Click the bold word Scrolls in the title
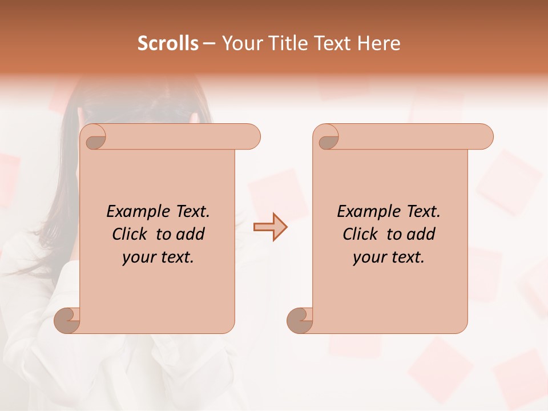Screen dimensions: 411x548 [168, 43]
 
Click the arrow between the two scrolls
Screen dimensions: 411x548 [271, 227]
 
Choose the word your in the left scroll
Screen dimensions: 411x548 [138, 257]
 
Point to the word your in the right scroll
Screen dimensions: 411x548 [368, 257]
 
